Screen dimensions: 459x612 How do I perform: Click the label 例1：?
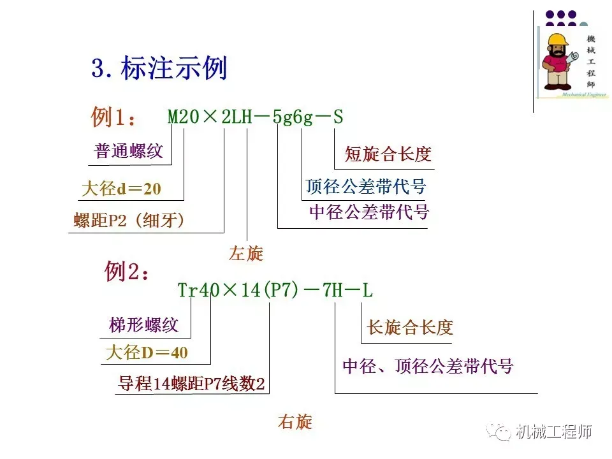click(x=113, y=118)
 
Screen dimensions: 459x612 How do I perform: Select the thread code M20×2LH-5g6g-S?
click(x=255, y=117)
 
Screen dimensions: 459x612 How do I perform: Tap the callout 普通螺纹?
click(x=129, y=151)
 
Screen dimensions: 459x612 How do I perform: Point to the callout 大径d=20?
click(x=122, y=189)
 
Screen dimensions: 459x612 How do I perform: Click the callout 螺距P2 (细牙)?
click(x=129, y=221)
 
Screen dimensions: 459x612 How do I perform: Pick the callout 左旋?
click(x=246, y=254)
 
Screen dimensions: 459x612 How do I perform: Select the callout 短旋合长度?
click(x=388, y=154)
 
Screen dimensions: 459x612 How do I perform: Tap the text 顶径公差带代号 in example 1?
click(x=365, y=187)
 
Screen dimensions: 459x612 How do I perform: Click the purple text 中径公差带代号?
click(x=369, y=212)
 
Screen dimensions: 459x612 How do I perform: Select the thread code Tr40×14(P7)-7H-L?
click(x=275, y=291)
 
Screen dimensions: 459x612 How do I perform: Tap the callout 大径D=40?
click(x=147, y=353)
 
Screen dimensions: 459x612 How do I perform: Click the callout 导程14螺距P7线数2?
click(x=191, y=384)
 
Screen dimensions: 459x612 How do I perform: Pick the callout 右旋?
click(x=295, y=421)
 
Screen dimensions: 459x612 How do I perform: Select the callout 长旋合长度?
click(x=410, y=328)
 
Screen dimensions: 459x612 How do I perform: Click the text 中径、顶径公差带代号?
click(x=428, y=366)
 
